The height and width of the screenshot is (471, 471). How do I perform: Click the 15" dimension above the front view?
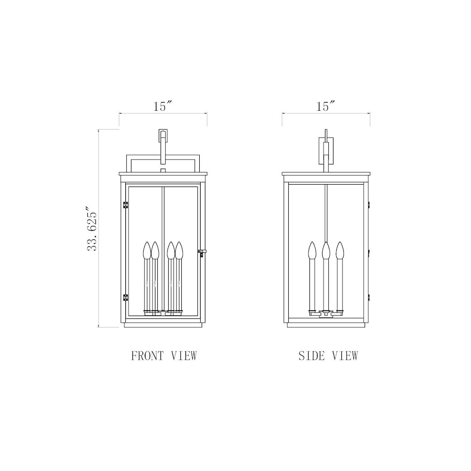(163, 106)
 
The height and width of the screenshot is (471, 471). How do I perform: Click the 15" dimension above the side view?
(325, 106)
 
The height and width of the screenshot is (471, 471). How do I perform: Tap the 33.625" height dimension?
(92, 228)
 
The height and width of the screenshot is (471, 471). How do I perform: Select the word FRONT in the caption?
(147, 356)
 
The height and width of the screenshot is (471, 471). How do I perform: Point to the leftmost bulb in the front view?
(147, 250)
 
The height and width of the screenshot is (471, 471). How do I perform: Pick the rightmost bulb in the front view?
(179, 250)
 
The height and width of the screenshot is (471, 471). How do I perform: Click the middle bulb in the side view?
(326, 250)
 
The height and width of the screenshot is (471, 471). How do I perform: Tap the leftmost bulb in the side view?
(312, 250)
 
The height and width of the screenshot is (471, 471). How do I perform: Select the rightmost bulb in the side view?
(340, 250)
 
